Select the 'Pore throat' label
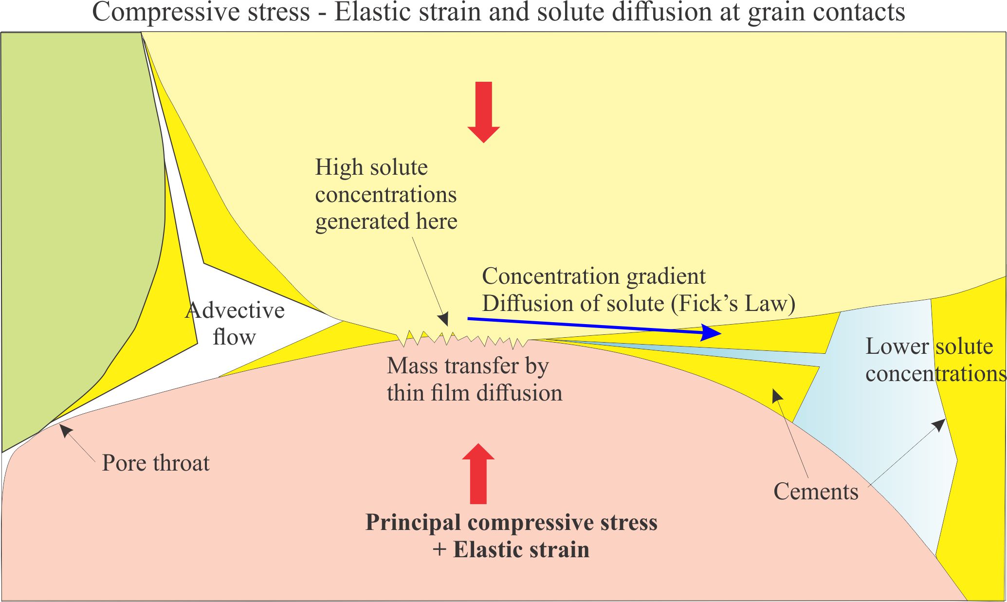[156, 463]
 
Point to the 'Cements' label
[816, 492]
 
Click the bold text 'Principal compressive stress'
[511, 523]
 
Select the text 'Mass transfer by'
[468, 366]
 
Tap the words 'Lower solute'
[929, 347]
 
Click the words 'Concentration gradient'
[593, 276]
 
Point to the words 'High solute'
[371, 167]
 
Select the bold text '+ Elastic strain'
[511, 550]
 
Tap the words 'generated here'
[386, 221]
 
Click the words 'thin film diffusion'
[474, 393]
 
